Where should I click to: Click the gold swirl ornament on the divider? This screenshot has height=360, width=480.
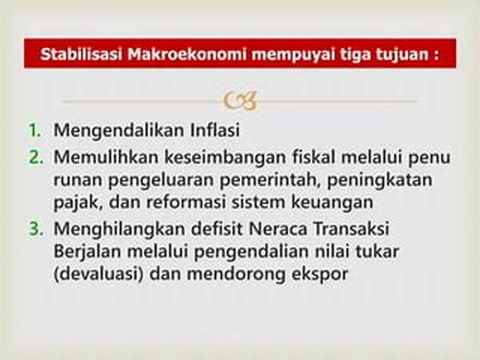(x=240, y=101)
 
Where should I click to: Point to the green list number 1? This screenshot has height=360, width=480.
(x=34, y=130)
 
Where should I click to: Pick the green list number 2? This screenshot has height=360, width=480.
(x=36, y=157)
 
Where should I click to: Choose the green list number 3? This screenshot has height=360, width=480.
(x=36, y=229)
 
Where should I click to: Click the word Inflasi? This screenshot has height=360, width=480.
(x=214, y=130)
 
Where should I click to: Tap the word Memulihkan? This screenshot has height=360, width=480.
(x=106, y=157)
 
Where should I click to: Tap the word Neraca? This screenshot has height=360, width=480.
(x=278, y=229)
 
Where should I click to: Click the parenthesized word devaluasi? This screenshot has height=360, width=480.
(x=98, y=274)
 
